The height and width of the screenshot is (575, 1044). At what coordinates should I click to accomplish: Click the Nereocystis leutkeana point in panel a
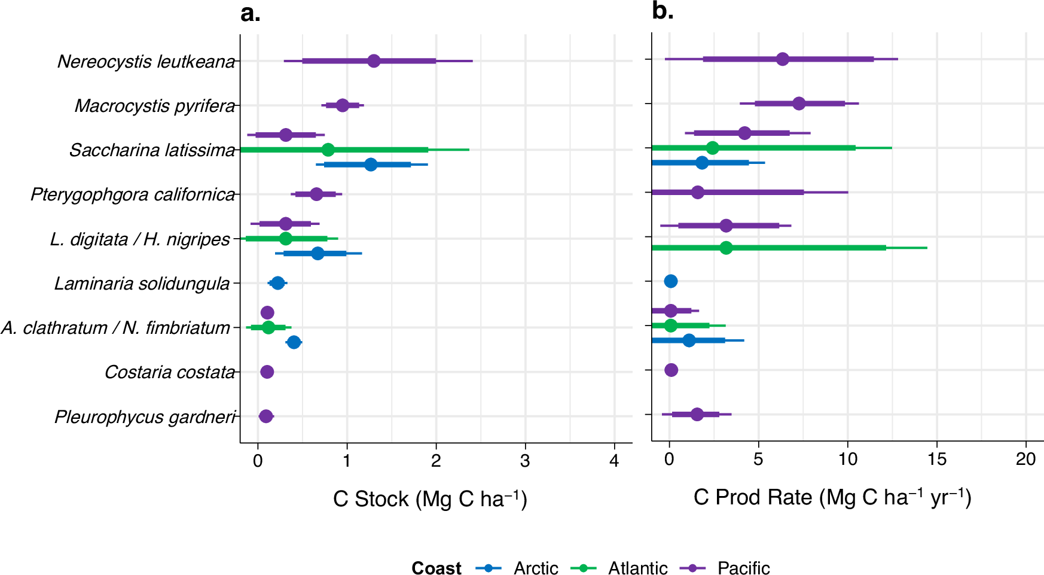[374, 61]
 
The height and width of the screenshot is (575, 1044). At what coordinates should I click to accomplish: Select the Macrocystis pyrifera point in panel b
[799, 104]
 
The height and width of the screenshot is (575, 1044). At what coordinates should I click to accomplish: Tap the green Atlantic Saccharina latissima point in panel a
[328, 150]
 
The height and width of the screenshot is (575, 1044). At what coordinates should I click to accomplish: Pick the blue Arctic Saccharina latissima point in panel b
[702, 163]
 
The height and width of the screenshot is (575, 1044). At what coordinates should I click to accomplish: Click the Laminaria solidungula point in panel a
[277, 283]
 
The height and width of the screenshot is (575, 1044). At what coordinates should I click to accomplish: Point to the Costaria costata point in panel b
[671, 370]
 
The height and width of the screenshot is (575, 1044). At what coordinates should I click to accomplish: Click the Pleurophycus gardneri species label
[145, 416]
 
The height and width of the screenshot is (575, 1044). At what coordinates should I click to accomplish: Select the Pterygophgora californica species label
[133, 194]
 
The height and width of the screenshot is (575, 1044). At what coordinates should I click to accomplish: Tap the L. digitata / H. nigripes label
[140, 239]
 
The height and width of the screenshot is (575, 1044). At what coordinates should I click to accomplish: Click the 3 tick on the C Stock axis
[525, 461]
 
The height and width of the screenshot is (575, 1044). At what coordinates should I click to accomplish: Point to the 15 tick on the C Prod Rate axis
[936, 460]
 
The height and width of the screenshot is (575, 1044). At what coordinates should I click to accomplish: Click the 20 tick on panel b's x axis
[1025, 460]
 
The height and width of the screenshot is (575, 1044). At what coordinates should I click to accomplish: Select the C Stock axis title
[430, 499]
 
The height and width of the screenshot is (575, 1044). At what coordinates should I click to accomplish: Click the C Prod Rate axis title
[832, 498]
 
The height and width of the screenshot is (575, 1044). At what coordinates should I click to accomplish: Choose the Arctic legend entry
[535, 568]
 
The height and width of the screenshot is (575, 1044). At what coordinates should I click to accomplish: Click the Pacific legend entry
[743, 568]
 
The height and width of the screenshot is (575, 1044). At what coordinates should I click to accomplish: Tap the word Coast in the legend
[436, 568]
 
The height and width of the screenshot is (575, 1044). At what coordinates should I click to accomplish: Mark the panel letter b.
[663, 11]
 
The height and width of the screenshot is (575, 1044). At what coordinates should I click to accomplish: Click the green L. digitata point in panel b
[726, 248]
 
